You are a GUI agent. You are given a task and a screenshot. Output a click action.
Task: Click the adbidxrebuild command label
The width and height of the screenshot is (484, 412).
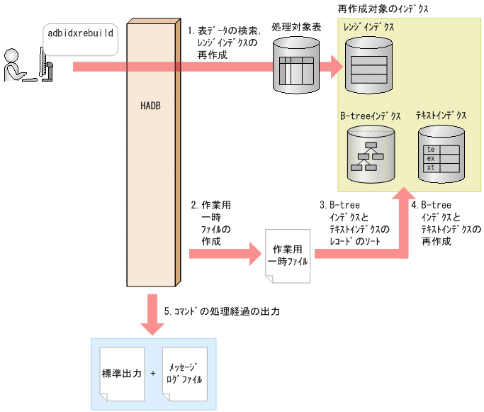[x=81, y=33]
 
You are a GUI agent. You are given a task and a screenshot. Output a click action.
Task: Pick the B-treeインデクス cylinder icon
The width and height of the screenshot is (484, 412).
[x=368, y=153]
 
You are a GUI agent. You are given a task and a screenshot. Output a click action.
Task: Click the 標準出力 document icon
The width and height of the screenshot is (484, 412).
[x=122, y=372]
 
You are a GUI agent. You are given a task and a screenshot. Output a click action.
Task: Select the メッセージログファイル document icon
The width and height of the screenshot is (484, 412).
[x=184, y=373]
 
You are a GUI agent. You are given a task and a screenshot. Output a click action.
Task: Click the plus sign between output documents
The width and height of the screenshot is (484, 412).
[x=153, y=372]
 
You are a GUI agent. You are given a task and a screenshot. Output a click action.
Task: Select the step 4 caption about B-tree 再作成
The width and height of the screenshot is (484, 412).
[x=449, y=224]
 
